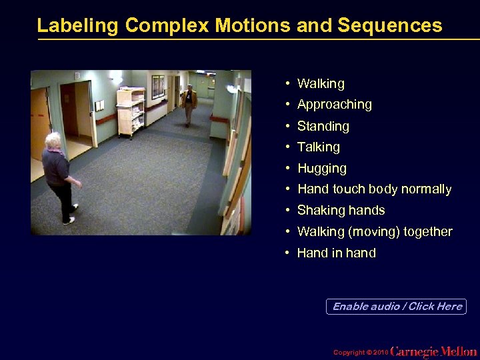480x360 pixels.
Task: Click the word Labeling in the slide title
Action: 78,25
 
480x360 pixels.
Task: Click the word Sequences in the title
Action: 389,25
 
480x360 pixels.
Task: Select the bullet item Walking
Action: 321,83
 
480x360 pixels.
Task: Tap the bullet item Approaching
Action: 334,105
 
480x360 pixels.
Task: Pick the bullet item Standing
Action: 323,126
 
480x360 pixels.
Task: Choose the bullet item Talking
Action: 318,147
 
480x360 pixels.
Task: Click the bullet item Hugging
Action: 321,169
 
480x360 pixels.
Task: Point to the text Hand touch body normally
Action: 374,189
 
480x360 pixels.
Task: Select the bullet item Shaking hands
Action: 341,211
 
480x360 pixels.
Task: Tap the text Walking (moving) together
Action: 374,232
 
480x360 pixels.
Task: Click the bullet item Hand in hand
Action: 336,253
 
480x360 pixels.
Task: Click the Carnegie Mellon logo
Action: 433,351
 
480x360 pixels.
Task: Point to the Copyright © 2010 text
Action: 359,352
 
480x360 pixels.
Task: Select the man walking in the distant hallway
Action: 189,103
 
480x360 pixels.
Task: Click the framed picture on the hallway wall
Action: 158,86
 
